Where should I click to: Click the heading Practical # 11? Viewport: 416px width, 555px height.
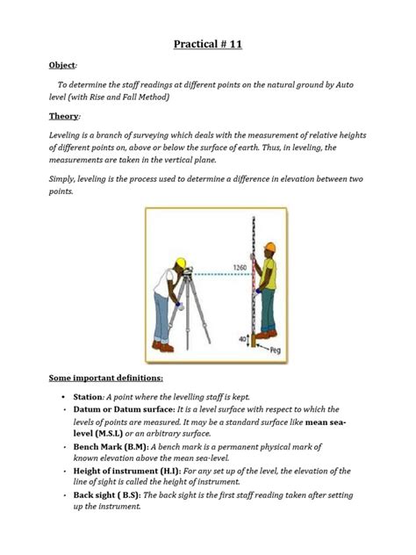tap(208, 44)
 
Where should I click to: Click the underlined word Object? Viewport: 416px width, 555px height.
tap(62, 65)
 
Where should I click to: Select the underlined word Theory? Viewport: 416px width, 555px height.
tap(64, 116)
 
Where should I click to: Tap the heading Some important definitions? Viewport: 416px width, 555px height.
tap(106, 378)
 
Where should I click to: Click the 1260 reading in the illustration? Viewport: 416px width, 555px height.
tap(240, 268)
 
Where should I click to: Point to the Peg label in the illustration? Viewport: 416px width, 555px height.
tap(276, 350)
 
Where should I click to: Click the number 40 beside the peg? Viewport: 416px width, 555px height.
tap(242, 339)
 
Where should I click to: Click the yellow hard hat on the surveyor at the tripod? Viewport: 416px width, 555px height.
tap(181, 263)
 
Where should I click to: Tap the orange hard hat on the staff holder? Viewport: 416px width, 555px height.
tap(270, 247)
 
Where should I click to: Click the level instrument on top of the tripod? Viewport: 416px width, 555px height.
tap(188, 272)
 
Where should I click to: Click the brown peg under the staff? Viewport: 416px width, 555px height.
tap(254, 341)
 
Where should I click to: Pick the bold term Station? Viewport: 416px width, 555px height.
tap(88, 397)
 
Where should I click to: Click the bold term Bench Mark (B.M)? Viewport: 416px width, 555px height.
tap(110, 447)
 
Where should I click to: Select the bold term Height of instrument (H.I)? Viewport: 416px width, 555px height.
tap(126, 471)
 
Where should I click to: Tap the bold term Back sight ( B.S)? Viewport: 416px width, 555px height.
tap(106, 495)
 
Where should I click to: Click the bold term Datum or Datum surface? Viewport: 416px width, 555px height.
tap(124, 409)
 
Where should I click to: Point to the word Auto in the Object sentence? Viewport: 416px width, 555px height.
tap(344, 85)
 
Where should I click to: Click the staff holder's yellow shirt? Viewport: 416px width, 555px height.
tap(269, 273)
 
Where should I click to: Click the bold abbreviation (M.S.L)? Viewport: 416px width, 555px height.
tap(109, 434)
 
